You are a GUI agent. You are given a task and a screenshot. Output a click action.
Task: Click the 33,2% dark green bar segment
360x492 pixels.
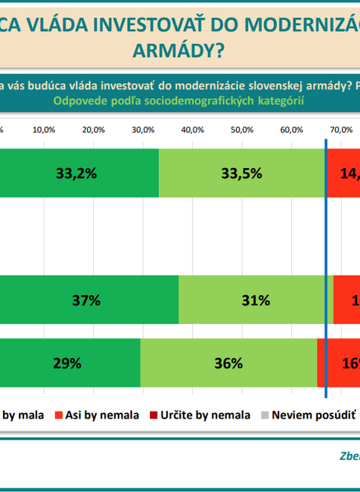point(79,173)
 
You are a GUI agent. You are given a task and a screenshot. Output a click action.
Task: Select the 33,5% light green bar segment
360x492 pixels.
point(242,173)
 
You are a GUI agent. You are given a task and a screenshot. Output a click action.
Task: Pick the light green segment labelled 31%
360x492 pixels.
point(256,300)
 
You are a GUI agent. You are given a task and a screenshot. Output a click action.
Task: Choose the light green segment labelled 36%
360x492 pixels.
point(228,363)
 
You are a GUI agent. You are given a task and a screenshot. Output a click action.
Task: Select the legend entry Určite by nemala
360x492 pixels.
point(203,415)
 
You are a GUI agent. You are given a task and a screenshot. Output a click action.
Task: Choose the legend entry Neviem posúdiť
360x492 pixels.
point(312,415)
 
